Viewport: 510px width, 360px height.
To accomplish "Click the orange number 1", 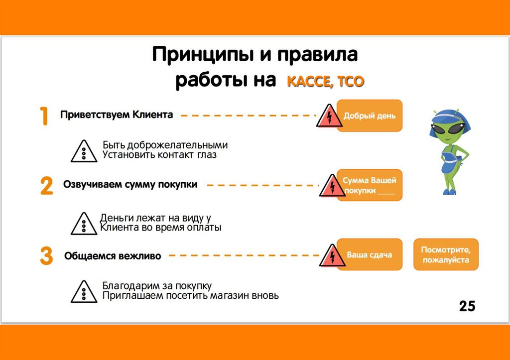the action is coord(44,116).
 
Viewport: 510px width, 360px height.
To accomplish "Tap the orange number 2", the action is coord(46,186).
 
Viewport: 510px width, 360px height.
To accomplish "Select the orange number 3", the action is coord(46,256).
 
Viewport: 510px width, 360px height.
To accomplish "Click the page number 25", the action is coord(467,306).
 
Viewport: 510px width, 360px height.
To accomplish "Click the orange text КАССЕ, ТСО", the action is coord(325,82).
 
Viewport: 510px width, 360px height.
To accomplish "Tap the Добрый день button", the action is coord(369,116).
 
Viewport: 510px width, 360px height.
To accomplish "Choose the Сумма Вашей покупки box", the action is coord(369,185).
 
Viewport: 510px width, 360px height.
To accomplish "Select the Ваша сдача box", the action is coord(369,255).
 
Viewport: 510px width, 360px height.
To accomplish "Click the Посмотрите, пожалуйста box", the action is coord(445,255).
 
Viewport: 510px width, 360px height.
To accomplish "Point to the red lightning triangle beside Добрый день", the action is coord(327,117).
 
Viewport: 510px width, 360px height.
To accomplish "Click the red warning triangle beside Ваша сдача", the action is coord(329,257).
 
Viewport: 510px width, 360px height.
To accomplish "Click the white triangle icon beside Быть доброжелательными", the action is coord(83,151).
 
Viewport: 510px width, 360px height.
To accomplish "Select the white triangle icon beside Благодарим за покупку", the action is coord(83,292).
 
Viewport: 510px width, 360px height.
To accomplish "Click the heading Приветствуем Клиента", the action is coord(117,115).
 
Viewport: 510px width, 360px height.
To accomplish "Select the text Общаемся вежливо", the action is coord(113,256).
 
